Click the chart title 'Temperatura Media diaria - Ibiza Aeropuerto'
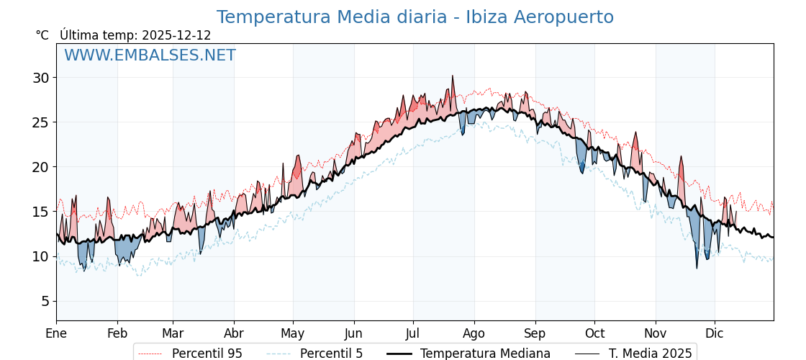click(x=415, y=17)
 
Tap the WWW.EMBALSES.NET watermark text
click(x=150, y=55)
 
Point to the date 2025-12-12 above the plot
click(x=176, y=35)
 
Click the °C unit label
click(x=42, y=35)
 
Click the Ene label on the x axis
click(x=56, y=334)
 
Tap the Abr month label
click(x=234, y=334)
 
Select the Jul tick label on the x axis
click(x=413, y=334)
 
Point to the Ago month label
click(x=474, y=334)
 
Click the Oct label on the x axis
click(x=594, y=334)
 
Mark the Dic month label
click(x=715, y=334)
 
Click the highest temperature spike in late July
click(x=453, y=76)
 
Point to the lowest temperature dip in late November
click(x=697, y=269)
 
